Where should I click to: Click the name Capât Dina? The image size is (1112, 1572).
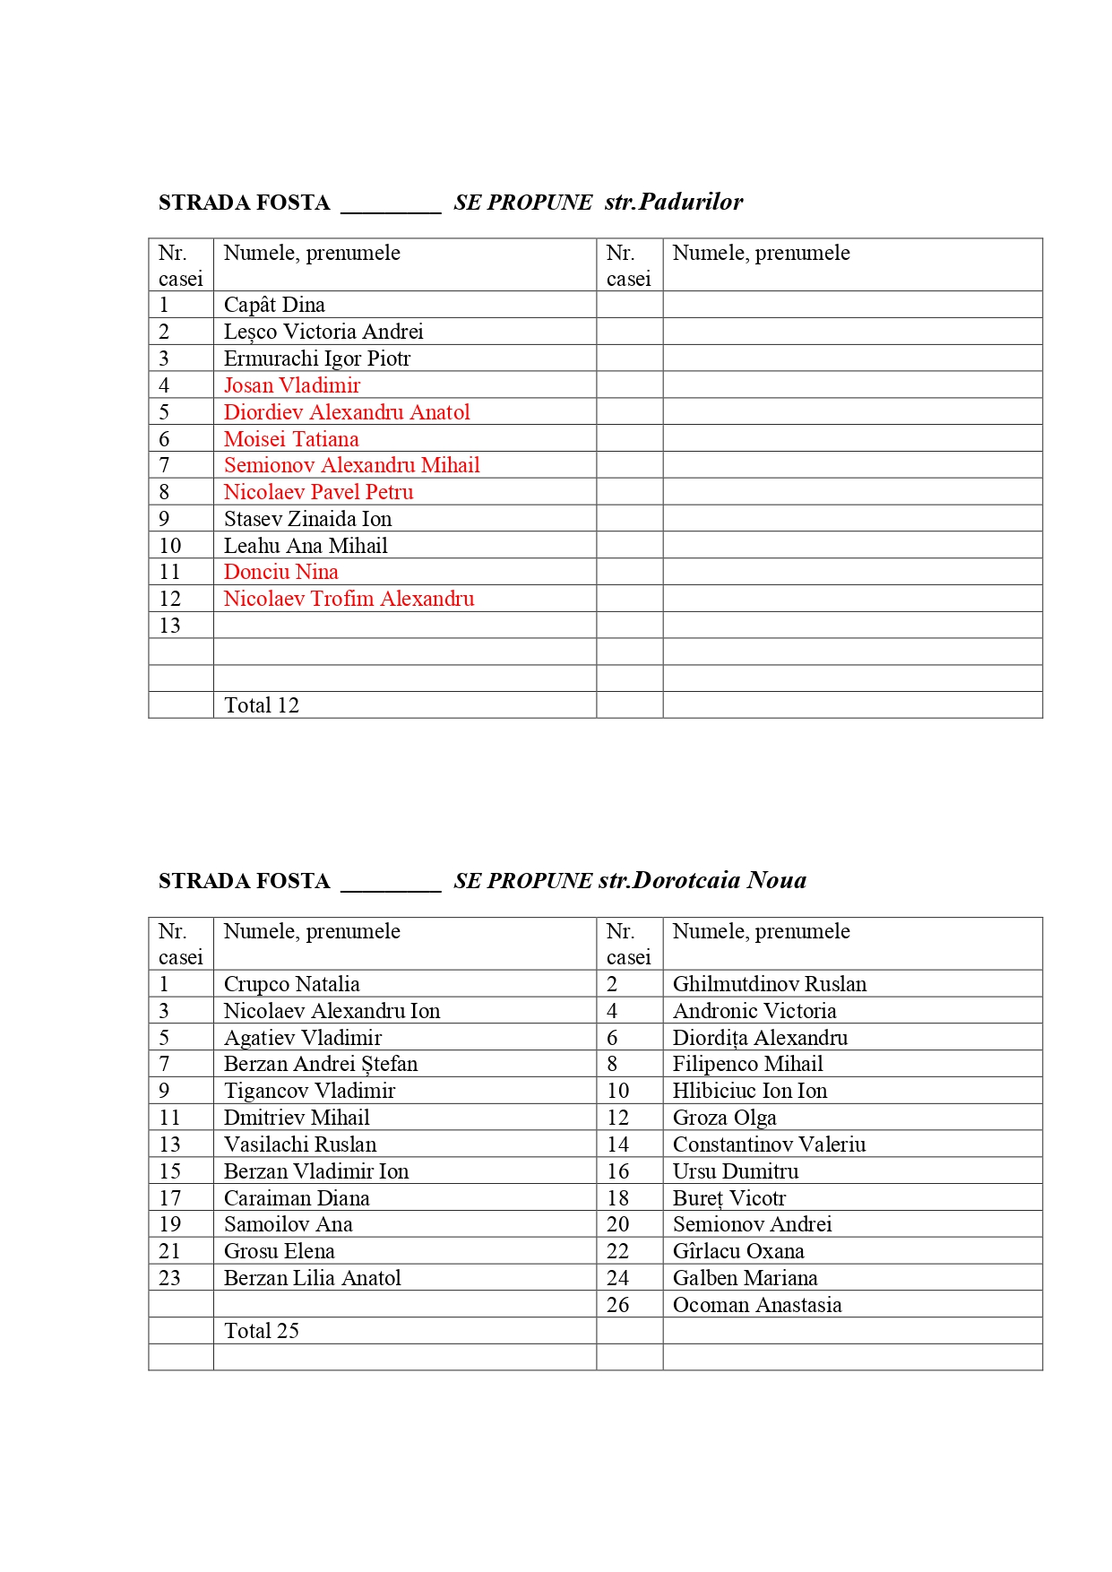click(274, 305)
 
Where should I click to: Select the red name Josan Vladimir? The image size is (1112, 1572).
click(292, 385)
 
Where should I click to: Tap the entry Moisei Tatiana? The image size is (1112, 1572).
click(291, 439)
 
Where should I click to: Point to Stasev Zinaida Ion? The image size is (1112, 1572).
click(307, 519)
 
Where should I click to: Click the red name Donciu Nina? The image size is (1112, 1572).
click(280, 572)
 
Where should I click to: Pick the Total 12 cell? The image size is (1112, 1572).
click(262, 705)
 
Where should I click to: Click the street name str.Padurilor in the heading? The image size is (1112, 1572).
click(674, 202)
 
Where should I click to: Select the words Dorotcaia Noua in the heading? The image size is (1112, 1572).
click(720, 880)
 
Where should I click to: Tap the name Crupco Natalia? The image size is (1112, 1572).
click(291, 984)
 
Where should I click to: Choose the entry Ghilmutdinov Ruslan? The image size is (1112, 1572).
click(770, 984)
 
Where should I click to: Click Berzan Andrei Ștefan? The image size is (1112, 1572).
click(321, 1064)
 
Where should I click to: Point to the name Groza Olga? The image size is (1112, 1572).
click(724, 1118)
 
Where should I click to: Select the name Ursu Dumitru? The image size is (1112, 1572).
click(736, 1171)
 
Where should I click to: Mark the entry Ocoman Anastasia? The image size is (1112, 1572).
click(757, 1305)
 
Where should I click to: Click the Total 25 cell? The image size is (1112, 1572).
click(262, 1331)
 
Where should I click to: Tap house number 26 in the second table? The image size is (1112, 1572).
click(618, 1305)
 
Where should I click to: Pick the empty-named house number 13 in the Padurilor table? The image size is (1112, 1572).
click(170, 626)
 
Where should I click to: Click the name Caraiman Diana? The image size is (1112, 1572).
click(297, 1198)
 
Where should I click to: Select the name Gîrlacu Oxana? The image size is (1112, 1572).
click(738, 1251)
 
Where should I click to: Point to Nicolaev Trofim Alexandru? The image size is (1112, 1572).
click(349, 599)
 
